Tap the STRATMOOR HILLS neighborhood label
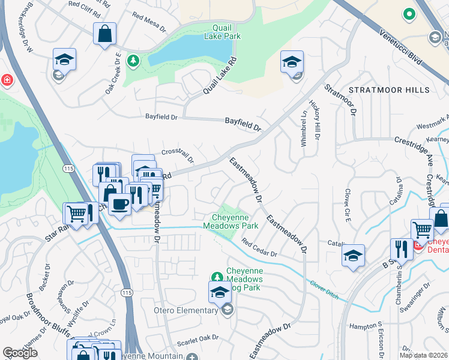click(x=389, y=90)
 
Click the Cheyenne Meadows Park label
click(x=235, y=221)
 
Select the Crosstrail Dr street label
click(x=177, y=155)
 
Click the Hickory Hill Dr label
click(x=316, y=123)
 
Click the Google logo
click(x=20, y=353)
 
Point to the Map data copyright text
click(x=423, y=355)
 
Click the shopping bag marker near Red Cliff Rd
click(x=104, y=34)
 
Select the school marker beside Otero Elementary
click(x=220, y=293)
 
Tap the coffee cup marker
click(x=119, y=204)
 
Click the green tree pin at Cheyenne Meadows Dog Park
click(x=216, y=277)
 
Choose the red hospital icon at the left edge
click(x=6, y=80)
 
